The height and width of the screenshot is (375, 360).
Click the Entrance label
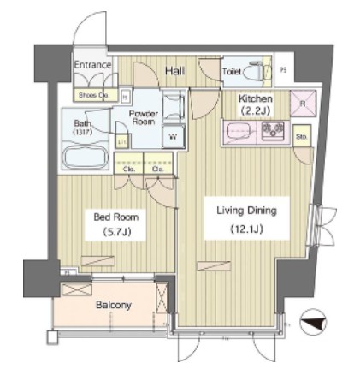click(x=92, y=65)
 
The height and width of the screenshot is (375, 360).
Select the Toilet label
click(x=231, y=73)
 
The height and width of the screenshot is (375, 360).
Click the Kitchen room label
click(x=255, y=99)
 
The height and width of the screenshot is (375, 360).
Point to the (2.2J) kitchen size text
click(x=255, y=110)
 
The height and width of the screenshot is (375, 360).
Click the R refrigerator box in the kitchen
click(x=303, y=104)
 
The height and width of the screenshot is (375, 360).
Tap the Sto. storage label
click(x=302, y=136)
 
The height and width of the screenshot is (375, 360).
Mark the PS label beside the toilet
click(x=284, y=72)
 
